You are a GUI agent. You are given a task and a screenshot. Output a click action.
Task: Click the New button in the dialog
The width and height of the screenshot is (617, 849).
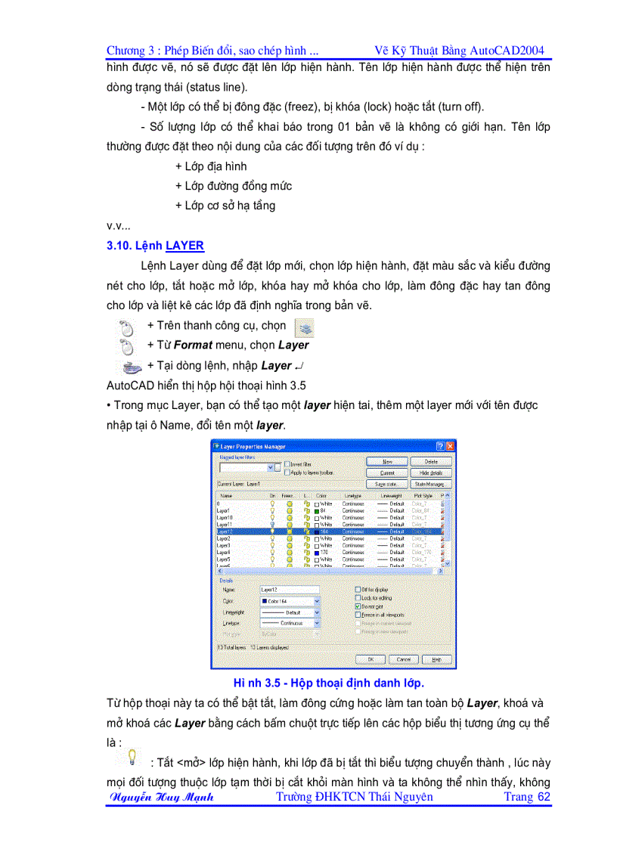click(x=387, y=460)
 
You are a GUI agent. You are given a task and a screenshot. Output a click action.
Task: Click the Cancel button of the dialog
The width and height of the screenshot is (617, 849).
click(x=404, y=659)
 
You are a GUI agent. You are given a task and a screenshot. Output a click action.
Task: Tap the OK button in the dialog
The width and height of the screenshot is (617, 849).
click(x=371, y=659)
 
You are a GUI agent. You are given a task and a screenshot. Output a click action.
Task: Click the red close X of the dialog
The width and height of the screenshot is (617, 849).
click(x=450, y=446)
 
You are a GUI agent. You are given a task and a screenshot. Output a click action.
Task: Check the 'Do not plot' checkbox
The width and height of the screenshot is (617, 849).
click(x=358, y=606)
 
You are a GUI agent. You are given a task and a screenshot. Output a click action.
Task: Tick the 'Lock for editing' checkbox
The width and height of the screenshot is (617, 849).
click(x=358, y=597)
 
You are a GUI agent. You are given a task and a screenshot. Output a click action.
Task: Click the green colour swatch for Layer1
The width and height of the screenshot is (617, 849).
click(x=316, y=510)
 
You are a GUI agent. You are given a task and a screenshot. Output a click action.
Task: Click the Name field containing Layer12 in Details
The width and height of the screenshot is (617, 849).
click(x=288, y=589)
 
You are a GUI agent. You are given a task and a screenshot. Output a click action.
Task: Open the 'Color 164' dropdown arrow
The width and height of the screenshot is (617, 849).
click(x=317, y=602)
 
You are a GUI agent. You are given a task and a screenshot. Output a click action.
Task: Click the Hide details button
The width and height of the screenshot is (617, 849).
click(x=430, y=473)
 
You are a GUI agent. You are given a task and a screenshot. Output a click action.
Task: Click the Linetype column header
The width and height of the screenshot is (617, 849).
click(x=352, y=496)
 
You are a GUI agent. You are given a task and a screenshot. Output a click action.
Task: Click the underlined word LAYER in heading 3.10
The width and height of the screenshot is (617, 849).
click(x=184, y=246)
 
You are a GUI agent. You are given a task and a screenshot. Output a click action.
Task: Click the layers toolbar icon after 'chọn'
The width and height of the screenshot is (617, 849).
click(x=304, y=327)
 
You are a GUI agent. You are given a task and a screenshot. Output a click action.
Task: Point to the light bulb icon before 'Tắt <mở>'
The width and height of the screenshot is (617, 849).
click(x=132, y=756)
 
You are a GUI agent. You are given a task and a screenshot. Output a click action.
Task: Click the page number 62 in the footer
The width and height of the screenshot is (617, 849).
click(x=544, y=797)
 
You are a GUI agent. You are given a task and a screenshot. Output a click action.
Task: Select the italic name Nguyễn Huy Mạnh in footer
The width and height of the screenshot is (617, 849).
click(x=162, y=797)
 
